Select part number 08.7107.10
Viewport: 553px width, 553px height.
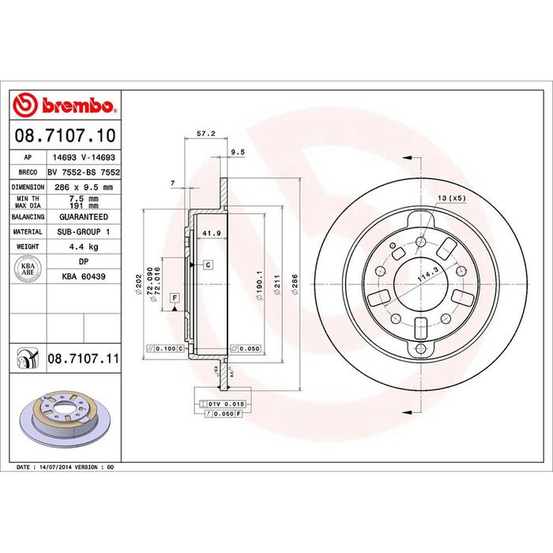[x=66, y=136]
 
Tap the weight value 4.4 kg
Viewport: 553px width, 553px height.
[x=84, y=246]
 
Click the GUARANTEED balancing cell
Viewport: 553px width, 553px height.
[x=84, y=217]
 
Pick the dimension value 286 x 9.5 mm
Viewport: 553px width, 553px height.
[x=84, y=187]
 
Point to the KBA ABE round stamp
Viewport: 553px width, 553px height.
[x=28, y=269]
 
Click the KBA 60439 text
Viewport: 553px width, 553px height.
[x=84, y=276]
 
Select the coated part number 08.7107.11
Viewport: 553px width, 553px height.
[x=84, y=359]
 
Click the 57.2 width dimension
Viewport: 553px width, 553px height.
[x=206, y=134]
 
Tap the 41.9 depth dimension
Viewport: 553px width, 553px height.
[x=211, y=233]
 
